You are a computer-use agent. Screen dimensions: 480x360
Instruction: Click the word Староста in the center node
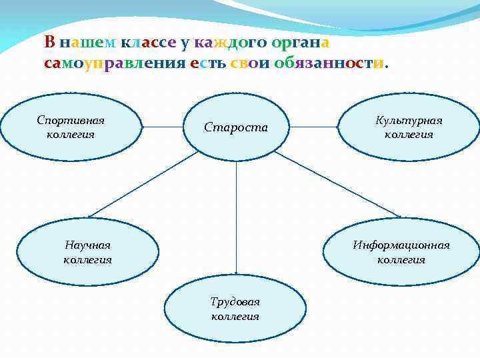coord(235,127)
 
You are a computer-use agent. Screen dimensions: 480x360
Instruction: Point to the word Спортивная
coord(71,120)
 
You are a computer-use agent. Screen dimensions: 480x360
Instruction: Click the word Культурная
coord(409,121)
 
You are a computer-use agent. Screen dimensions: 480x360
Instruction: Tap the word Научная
coord(87,245)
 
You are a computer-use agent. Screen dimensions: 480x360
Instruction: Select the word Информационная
coord(401,245)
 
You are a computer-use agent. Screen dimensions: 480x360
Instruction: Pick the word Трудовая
coord(235,302)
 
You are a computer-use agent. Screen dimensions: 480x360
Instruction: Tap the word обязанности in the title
coord(329,64)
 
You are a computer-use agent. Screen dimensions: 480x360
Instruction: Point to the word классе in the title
coord(149,42)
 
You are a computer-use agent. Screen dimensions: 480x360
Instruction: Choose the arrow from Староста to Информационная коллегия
coord(337,184)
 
